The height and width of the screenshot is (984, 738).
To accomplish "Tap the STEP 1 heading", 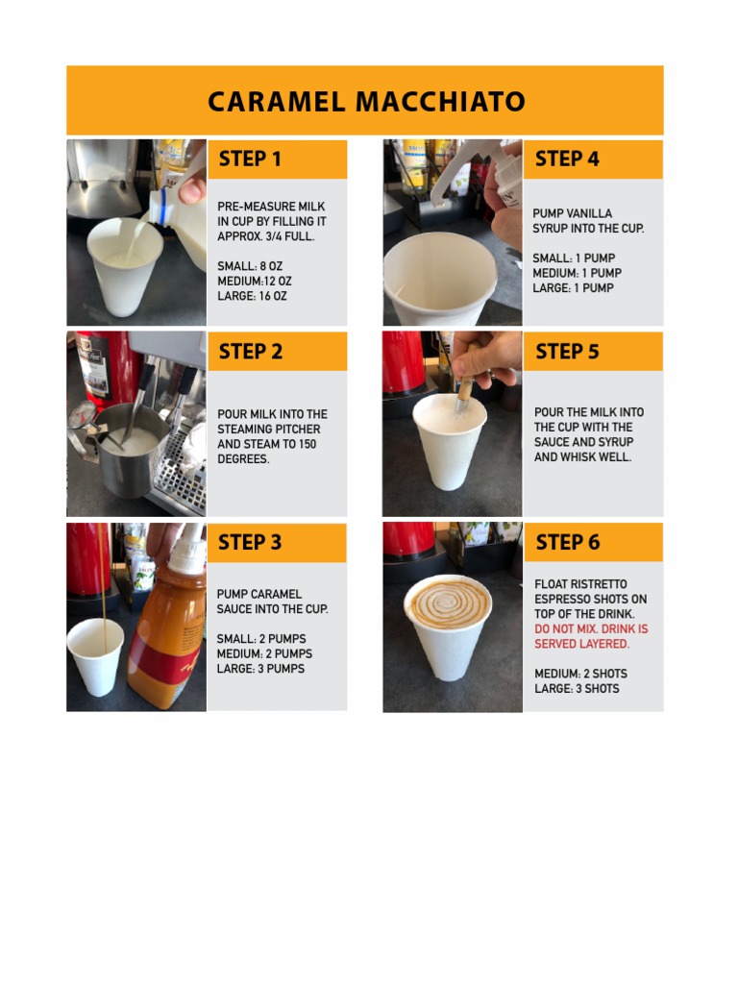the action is pyautogui.click(x=250, y=160).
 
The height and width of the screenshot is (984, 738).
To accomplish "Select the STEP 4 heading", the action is pyautogui.click(x=567, y=159).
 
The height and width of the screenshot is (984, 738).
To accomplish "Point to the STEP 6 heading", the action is pyautogui.click(x=568, y=542).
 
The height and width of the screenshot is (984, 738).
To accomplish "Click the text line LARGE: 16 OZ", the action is pyautogui.click(x=252, y=296).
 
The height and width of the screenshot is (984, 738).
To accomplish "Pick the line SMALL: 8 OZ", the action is pyautogui.click(x=250, y=266).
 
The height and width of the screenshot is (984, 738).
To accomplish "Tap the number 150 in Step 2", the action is pyautogui.click(x=307, y=444).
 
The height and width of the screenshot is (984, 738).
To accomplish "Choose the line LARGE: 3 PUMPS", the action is pyautogui.click(x=260, y=669).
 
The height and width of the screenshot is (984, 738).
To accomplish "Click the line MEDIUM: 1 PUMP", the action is pyautogui.click(x=577, y=273).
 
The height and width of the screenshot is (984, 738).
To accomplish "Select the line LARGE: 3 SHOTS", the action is pyautogui.click(x=577, y=688).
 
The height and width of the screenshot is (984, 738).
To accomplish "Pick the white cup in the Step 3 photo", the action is pyautogui.click(x=95, y=656).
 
